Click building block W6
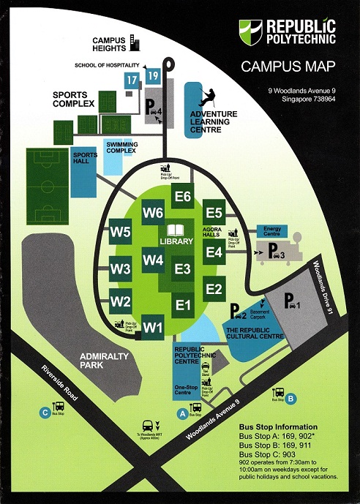pyautogui.click(x=153, y=213)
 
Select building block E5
pyautogui.click(x=214, y=213)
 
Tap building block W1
pyautogui.click(x=152, y=326)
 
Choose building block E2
pyautogui.click(x=214, y=289)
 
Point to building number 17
pyautogui.click(x=131, y=80)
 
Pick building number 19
pyautogui.click(x=152, y=75)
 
